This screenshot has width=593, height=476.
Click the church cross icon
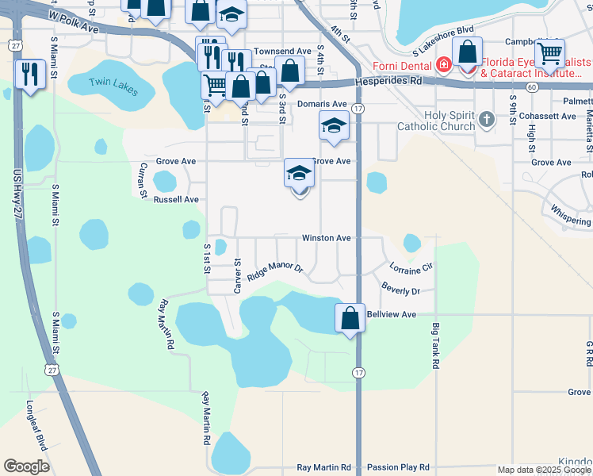487,120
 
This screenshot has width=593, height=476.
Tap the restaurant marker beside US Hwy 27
30,75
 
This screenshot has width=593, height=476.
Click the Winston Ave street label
326,238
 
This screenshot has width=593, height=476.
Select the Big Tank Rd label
435,346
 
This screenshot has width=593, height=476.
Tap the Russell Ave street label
176,200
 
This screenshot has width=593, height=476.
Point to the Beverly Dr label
400,289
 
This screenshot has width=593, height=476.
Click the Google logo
26,466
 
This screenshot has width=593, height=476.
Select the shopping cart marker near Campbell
549,54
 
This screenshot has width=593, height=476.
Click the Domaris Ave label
323,104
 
